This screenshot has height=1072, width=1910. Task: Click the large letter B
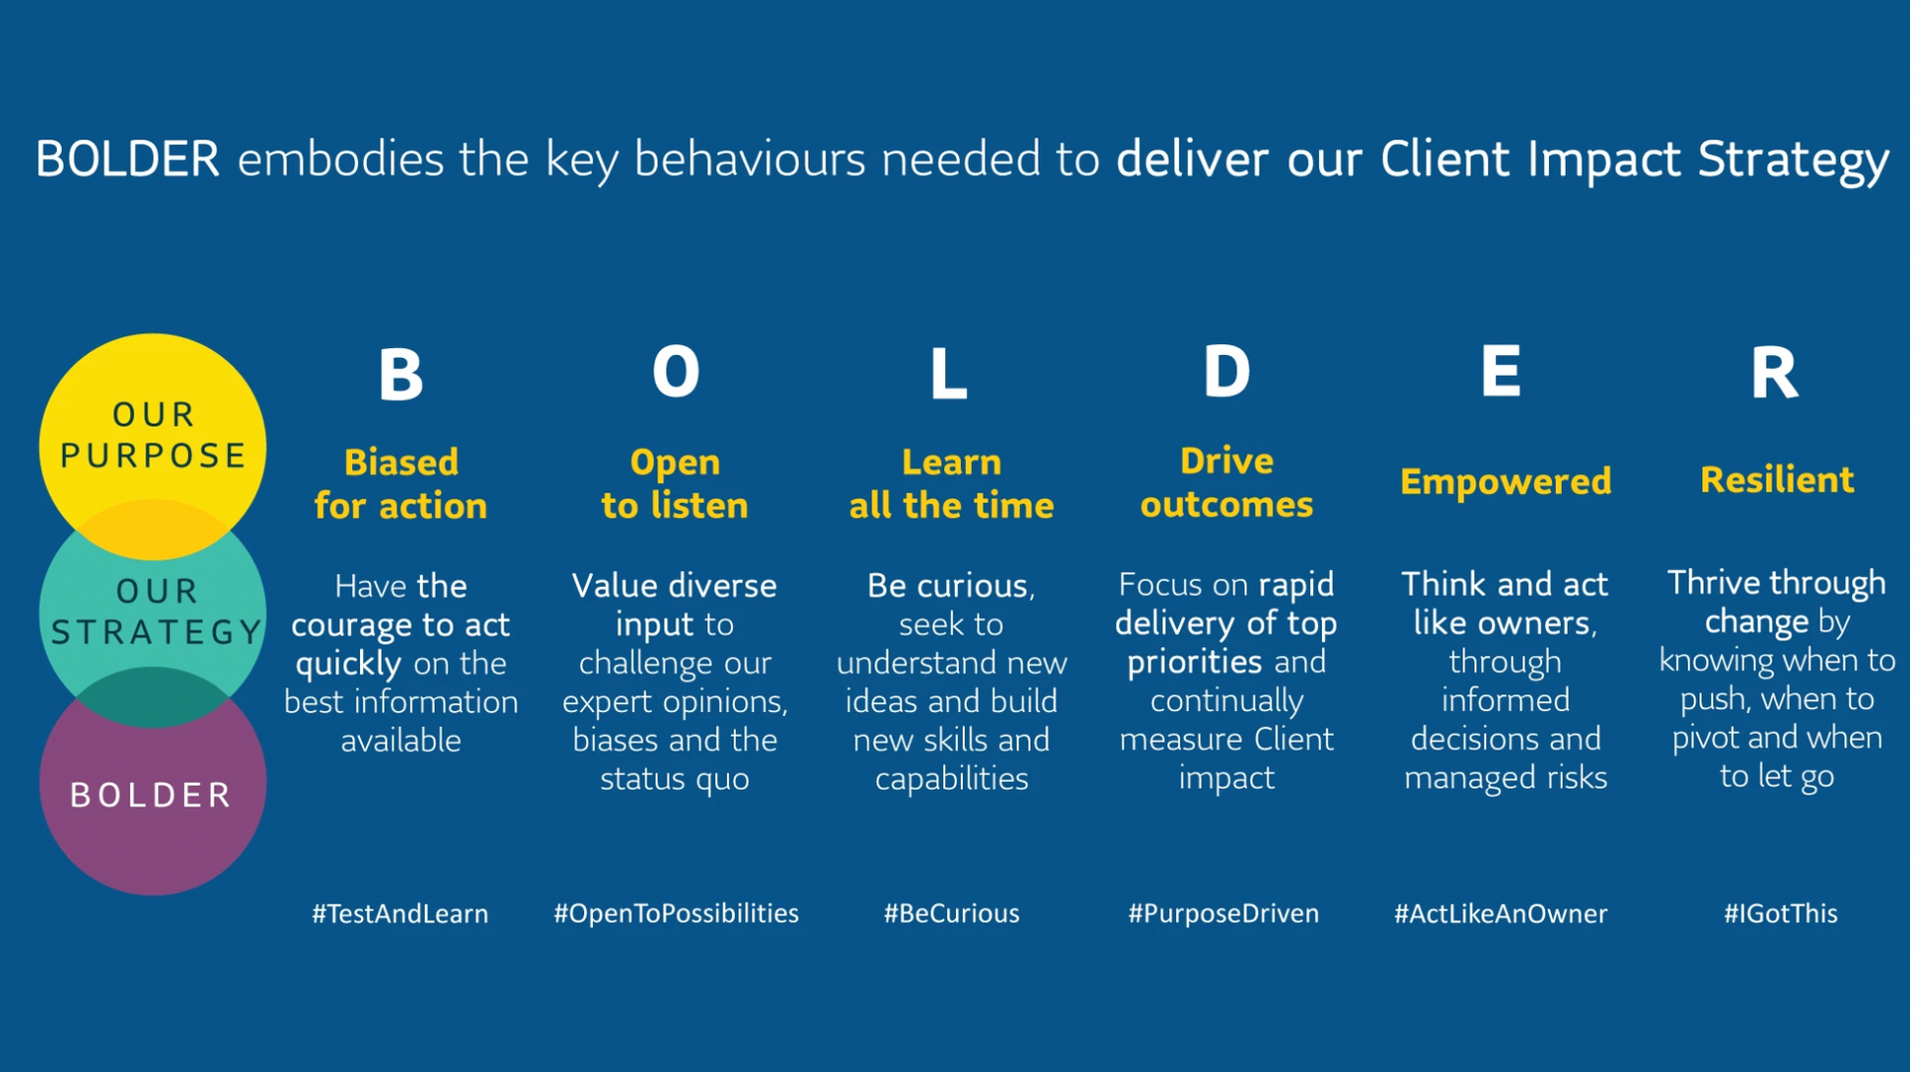click(401, 374)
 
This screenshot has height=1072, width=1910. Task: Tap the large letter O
click(675, 372)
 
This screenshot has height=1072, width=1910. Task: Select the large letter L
click(948, 374)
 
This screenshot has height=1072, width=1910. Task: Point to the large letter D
click(1227, 372)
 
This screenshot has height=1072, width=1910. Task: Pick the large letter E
click(1501, 371)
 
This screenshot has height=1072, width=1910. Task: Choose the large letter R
click(1775, 373)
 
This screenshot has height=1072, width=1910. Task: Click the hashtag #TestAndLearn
click(400, 914)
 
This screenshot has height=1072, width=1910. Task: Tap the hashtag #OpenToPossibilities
click(675, 914)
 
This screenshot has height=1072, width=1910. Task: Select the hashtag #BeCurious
click(952, 914)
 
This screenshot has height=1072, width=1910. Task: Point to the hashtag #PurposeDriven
click(1224, 914)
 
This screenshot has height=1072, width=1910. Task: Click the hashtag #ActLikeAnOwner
click(1500, 914)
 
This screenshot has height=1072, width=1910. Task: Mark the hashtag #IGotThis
click(1781, 914)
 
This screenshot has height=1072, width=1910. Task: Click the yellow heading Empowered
click(1505, 482)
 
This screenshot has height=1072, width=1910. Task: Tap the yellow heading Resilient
click(1777, 480)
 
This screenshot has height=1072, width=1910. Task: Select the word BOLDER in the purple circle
click(151, 796)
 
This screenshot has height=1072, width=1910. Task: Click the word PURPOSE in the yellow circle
click(153, 455)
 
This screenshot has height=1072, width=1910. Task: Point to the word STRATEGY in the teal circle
click(156, 631)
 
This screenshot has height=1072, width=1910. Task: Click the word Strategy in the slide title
click(1794, 161)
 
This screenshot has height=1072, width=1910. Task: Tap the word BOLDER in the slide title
click(127, 159)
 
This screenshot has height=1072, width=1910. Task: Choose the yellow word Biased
click(401, 462)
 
